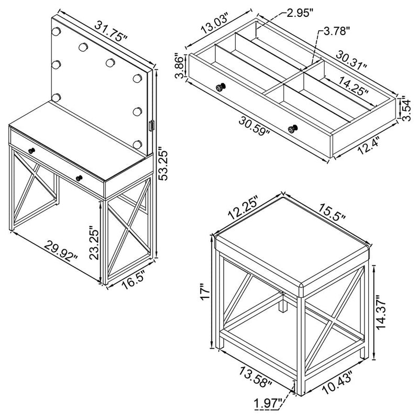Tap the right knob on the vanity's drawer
[79, 179]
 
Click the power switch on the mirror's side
[152, 126]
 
